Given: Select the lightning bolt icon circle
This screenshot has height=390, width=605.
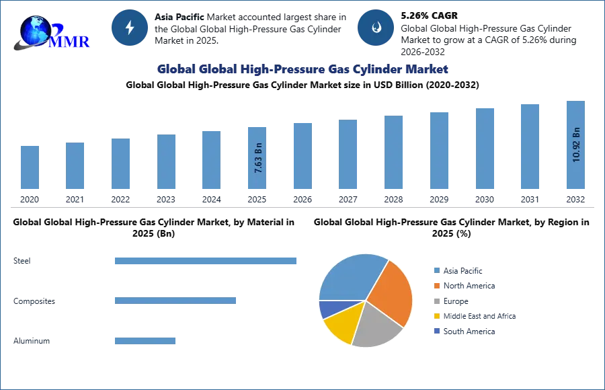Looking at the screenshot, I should coord(130,28).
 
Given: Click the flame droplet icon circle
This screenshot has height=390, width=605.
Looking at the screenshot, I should coord(376,28).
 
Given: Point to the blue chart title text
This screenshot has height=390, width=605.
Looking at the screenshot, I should coord(303,69).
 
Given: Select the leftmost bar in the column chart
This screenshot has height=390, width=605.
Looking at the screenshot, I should coord(30,169).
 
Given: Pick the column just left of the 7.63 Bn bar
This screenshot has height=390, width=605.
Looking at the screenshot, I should coord(210,161).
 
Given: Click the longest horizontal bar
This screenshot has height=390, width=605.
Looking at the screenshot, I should coord(206,261).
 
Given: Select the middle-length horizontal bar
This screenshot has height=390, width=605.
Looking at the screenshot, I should coord(175,301).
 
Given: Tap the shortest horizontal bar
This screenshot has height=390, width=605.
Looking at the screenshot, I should coord(145,340).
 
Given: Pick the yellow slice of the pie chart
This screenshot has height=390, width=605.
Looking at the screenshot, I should coord(342,324).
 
